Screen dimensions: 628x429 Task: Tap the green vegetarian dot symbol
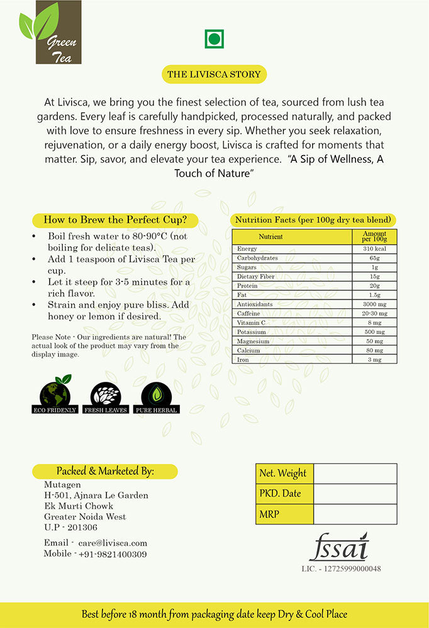pos(214,40)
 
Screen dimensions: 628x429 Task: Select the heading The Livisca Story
pos(214,74)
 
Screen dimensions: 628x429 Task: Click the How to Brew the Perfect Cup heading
pos(116,220)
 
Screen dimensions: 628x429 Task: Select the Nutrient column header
pos(271,237)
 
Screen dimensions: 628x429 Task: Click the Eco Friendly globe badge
pos(55,395)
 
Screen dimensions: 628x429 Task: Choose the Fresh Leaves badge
pos(105,396)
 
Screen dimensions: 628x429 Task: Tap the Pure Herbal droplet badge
pos(155,396)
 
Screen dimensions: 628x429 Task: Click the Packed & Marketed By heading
pos(105,471)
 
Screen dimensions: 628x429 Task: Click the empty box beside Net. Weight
pos(355,474)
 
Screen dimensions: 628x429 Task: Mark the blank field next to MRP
pos(355,514)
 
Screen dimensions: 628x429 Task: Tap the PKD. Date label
pos(280,494)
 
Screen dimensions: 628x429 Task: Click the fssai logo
pos(338,548)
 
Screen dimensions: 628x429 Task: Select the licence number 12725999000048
pos(341,569)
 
